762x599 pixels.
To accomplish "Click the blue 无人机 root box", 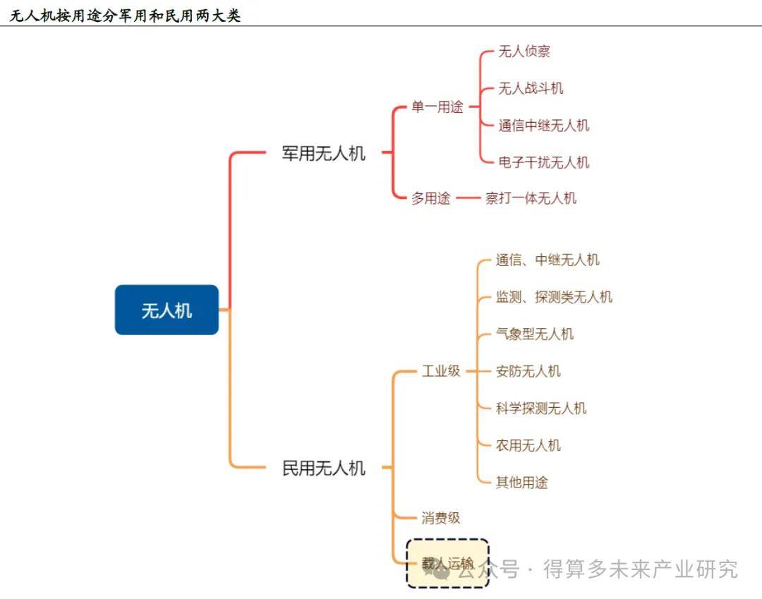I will [167, 310].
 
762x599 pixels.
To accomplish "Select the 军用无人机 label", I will [324, 153].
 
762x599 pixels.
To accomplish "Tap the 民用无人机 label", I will [324, 467].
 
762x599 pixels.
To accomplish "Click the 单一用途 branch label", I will [437, 107].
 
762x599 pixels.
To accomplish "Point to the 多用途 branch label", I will [431, 198].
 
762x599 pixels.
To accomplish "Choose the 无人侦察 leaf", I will [524, 52].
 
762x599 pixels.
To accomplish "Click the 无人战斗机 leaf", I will [531, 88].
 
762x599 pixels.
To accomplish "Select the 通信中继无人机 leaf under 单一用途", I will [543, 126].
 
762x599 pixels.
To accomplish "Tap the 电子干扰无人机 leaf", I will [543, 162].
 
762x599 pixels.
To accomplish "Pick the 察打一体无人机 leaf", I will [531, 198].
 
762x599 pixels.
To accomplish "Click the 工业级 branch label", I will [441, 371].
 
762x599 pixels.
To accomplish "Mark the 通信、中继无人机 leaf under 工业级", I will [548, 260].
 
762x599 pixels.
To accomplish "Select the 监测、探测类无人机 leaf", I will [554, 297].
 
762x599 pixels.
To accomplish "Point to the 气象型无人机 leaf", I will [535, 334].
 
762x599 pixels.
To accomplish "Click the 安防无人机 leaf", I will [528, 371].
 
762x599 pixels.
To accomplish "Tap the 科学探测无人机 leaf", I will [541, 409].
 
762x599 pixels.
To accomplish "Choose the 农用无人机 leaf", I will [528, 445].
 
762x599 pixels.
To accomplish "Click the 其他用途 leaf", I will [522, 483].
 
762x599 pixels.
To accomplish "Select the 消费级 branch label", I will [441, 518].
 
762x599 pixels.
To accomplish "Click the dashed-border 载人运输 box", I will [447, 563].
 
